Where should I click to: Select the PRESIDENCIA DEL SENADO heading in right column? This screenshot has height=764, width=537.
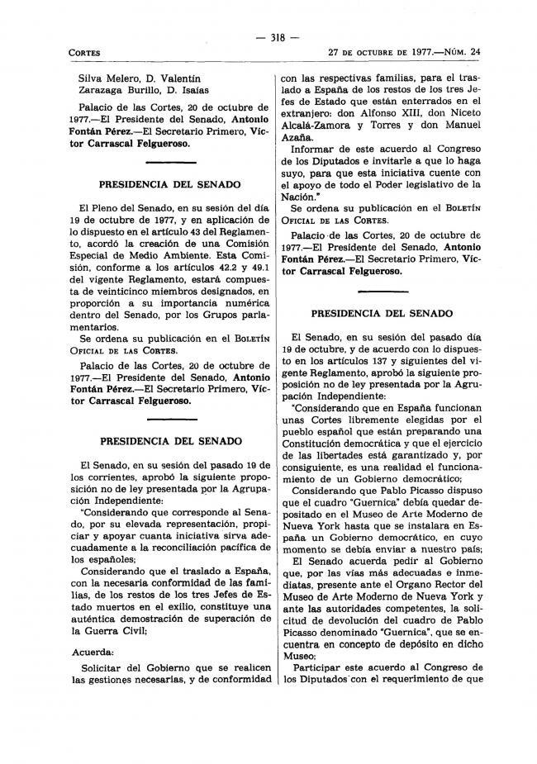pyautogui.click(x=382, y=314)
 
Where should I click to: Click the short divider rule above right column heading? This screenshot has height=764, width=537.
pyautogui.click(x=382, y=293)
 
